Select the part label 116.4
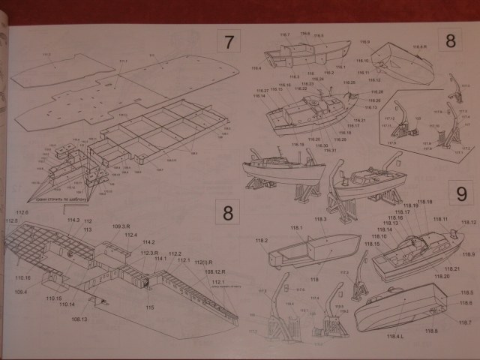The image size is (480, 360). click(256, 69)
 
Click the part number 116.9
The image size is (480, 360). click(364, 43)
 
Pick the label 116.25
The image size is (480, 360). click(307, 84)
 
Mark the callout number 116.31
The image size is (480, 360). click(331, 150)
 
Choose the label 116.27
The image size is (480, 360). click(262, 90)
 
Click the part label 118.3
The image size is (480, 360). click(320, 219)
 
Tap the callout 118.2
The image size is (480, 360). click(261, 240)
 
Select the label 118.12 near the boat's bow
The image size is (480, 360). click(469, 223)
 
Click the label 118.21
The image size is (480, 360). click(451, 268)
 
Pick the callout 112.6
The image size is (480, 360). click(22, 213)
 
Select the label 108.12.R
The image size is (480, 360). click(214, 271)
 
